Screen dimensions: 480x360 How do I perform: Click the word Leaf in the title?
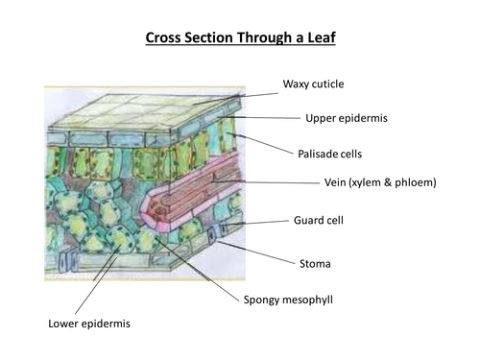322,37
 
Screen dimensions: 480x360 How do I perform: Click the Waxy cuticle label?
313,84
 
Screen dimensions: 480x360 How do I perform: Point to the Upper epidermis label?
347,118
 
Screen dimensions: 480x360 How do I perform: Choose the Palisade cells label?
329,154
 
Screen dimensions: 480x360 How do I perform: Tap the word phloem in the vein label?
416,182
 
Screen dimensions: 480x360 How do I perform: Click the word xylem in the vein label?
365,182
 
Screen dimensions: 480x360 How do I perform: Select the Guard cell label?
319,220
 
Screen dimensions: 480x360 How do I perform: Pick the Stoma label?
315,264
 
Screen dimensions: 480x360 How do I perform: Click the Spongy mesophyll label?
288,300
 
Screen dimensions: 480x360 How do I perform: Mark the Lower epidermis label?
89,324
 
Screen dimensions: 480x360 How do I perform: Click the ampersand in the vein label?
388,182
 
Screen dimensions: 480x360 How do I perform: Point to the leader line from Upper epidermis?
259,118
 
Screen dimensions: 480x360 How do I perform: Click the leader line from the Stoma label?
256,252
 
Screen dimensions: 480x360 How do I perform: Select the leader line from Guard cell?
256,223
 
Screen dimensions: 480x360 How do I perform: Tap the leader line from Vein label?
266,182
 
